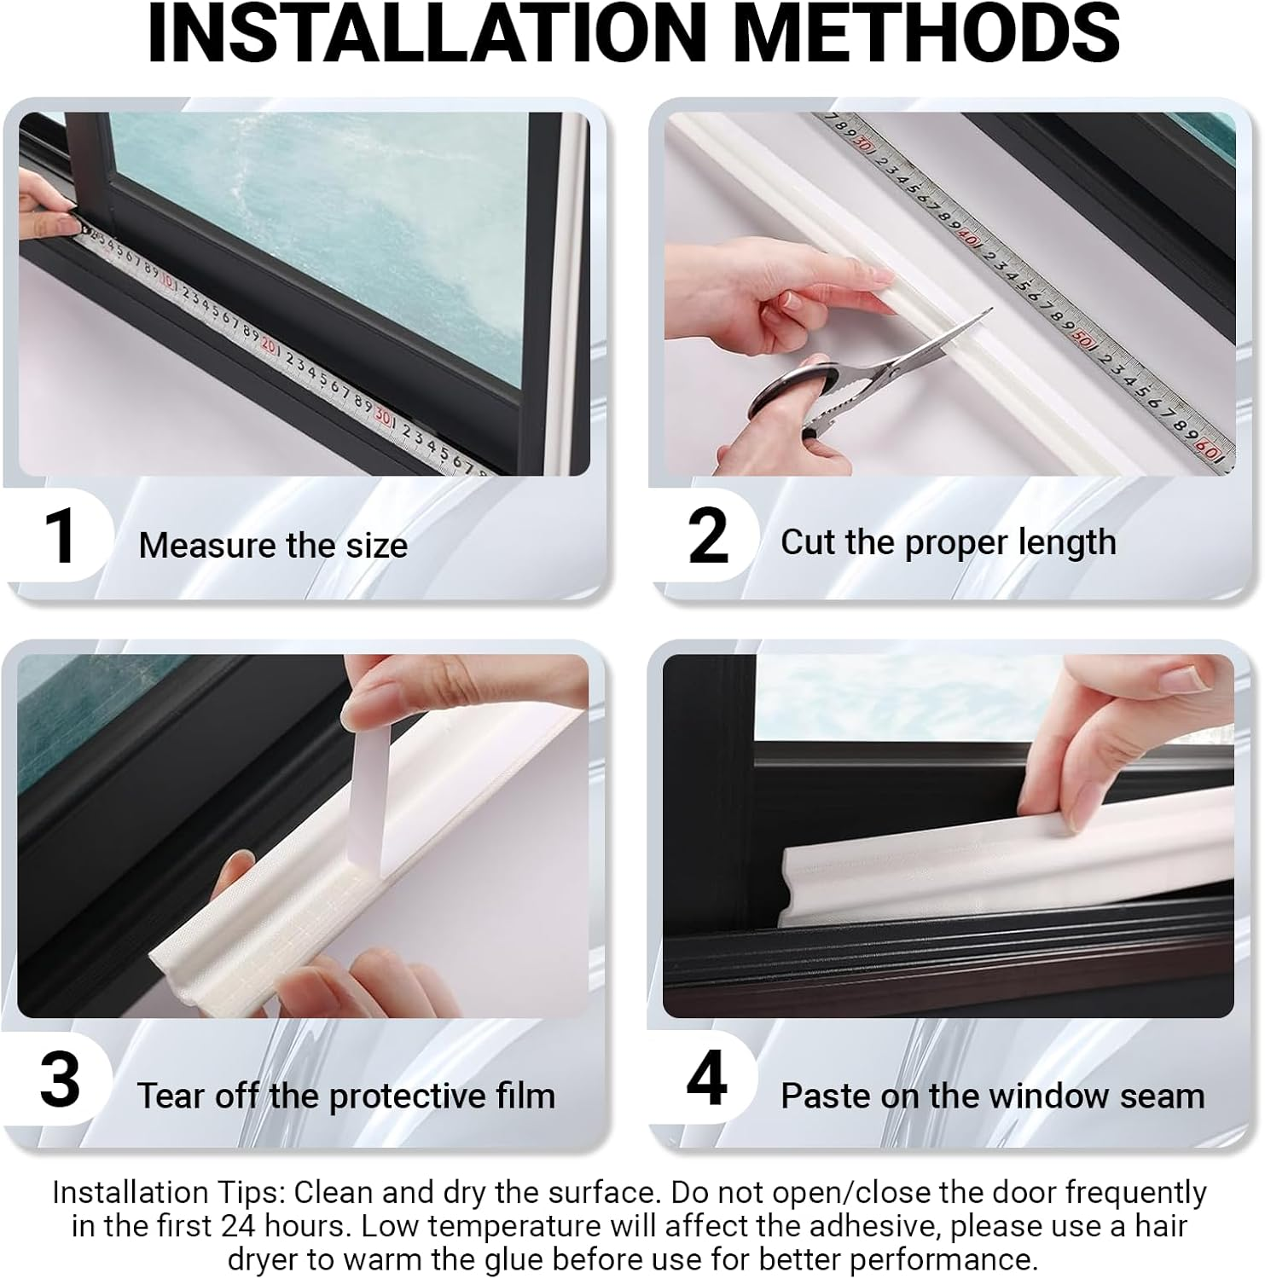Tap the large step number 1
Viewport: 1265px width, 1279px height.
click(60, 536)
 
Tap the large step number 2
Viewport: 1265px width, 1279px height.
click(708, 536)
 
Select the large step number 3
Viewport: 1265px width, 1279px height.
click(60, 1080)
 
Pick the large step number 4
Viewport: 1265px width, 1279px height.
click(707, 1079)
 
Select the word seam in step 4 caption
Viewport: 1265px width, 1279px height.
click(1168, 1096)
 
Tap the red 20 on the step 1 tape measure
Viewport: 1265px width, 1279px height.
click(268, 345)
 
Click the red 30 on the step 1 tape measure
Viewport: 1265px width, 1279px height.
click(383, 417)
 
